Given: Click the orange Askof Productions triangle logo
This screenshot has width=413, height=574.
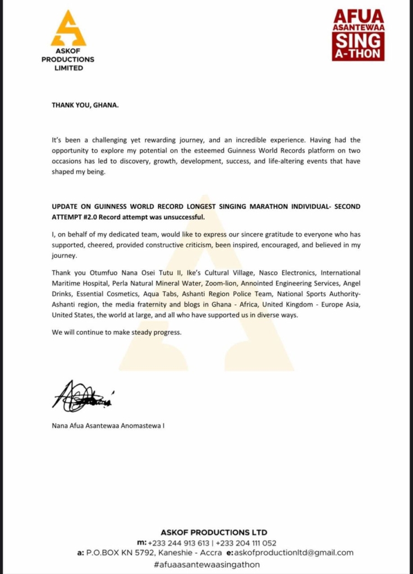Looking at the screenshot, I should (x=68, y=29).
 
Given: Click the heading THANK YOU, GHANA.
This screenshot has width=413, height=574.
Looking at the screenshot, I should (x=85, y=105).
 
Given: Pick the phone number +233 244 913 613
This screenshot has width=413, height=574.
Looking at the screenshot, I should (x=179, y=543).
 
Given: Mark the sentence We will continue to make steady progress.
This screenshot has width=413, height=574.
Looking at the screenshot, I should (x=117, y=332).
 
